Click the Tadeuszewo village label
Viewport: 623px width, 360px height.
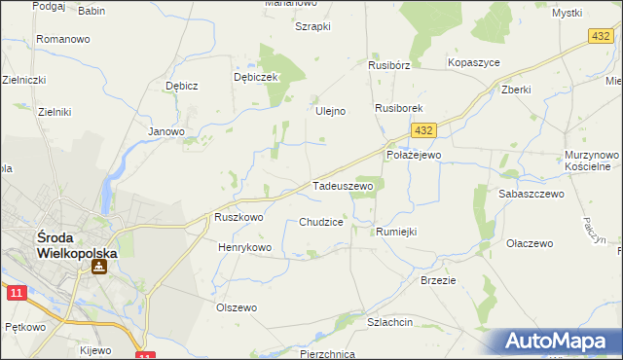tap(342, 185)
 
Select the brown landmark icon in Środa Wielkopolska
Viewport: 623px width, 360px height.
tap(99, 266)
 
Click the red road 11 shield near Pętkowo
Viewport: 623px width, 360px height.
tap(15, 292)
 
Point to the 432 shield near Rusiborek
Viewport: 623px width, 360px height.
tap(421, 129)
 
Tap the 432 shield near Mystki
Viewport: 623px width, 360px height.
tap(601, 36)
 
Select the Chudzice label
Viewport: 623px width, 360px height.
tap(321, 222)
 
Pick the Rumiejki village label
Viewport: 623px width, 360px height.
tap(396, 232)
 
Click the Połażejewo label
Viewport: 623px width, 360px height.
tap(414, 155)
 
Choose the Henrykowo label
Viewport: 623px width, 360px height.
tap(245, 248)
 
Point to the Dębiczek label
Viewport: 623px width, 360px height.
tap(256, 77)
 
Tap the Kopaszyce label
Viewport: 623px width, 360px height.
tap(473, 62)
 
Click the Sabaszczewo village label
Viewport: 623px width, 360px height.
tap(531, 195)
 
